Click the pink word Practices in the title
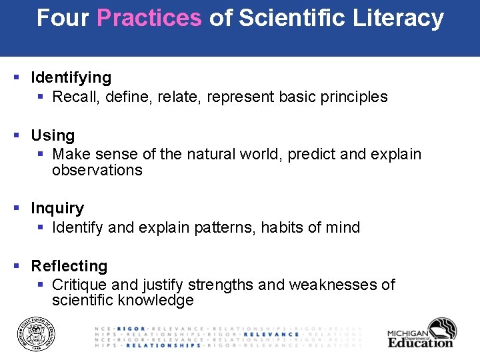(149, 18)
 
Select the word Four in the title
(63, 18)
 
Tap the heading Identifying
(71, 78)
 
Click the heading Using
(53, 135)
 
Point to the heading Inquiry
(57, 208)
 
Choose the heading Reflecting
(69, 266)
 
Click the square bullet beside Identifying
(17, 78)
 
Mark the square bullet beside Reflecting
(17, 266)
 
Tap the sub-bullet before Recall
(41, 97)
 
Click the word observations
(97, 171)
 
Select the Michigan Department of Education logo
(421, 333)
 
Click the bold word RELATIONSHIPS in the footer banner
(163, 345)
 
